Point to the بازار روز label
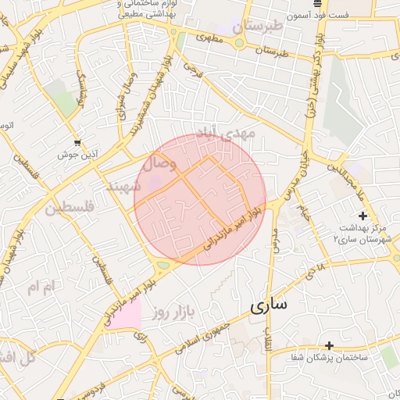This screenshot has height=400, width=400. (x=170, y=312)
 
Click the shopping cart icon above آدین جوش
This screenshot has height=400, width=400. (x=76, y=143)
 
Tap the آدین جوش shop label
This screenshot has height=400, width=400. (x=76, y=155)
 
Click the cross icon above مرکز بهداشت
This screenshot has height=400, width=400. (x=362, y=215)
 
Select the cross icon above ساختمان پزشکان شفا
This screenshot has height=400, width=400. (x=329, y=345)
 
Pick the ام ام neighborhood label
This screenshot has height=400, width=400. (x=42, y=287)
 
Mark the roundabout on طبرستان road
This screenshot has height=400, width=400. (x=238, y=42)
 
